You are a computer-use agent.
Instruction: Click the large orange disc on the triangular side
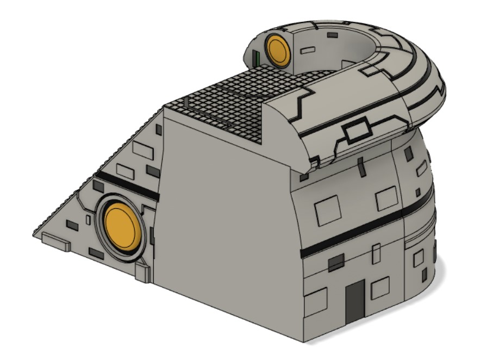point(122,226)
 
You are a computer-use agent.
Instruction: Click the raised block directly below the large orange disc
point(142,271)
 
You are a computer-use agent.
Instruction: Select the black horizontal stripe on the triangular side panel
point(126,184)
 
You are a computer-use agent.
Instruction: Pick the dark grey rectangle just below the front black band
point(336,262)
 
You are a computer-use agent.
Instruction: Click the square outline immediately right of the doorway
point(380,288)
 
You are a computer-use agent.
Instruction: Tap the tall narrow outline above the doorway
point(376,254)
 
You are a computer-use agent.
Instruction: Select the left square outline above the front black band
point(328,210)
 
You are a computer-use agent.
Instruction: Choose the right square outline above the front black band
point(386,198)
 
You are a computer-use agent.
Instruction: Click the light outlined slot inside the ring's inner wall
point(308,50)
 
